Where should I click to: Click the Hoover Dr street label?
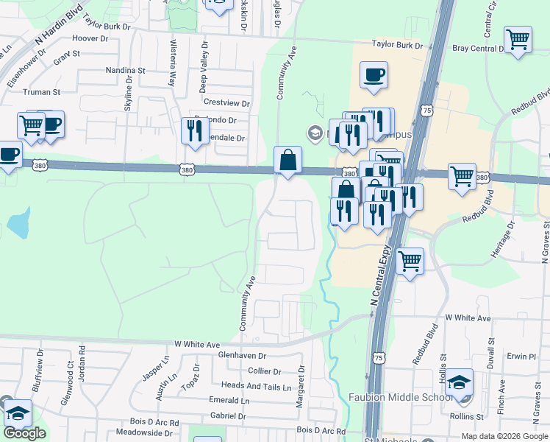90,38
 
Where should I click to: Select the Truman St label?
41,92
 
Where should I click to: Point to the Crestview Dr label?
226,103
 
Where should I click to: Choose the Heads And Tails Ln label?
251,386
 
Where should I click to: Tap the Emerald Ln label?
229,400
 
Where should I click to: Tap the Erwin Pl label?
521,357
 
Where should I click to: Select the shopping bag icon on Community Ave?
287,159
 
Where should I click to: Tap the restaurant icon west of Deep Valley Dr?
195,130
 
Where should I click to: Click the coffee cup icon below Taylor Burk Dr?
374,74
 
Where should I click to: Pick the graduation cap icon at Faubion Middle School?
460,382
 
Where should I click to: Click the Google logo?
24,433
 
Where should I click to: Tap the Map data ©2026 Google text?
504,436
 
